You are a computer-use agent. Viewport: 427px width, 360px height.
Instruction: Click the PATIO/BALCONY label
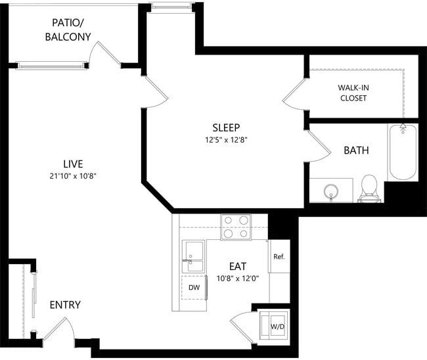pyautogui.click(x=68, y=30)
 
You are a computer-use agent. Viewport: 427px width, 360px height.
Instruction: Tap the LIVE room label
pyautogui.click(x=73, y=163)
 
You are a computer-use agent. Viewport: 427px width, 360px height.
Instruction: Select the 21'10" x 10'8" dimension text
pyautogui.click(x=73, y=175)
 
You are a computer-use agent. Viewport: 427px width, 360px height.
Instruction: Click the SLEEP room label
pyautogui.click(x=225, y=127)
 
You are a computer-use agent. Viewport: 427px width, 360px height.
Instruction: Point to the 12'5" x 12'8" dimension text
pyautogui.click(x=225, y=139)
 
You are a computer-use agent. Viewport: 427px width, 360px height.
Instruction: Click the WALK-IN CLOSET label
pyautogui.click(x=353, y=93)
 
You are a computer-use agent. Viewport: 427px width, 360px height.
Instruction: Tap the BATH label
pyautogui.click(x=356, y=150)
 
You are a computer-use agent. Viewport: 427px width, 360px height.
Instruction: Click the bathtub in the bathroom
pyautogui.click(x=402, y=152)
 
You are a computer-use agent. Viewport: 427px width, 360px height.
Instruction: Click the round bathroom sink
pyautogui.click(x=330, y=192)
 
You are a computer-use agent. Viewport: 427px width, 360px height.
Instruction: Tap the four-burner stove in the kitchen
pyautogui.click(x=235, y=227)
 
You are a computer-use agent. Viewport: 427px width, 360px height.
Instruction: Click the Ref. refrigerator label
pyautogui.click(x=279, y=256)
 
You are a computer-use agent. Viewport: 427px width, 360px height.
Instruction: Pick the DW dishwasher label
pyautogui.click(x=194, y=288)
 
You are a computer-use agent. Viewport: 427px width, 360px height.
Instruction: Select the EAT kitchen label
pyautogui.click(x=237, y=266)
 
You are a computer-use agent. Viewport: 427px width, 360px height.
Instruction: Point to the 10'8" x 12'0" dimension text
pyautogui.click(x=237, y=278)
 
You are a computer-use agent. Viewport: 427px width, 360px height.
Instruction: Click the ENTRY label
pyautogui.click(x=65, y=305)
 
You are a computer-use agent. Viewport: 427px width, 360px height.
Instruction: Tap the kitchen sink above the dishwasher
pyautogui.click(x=194, y=257)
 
